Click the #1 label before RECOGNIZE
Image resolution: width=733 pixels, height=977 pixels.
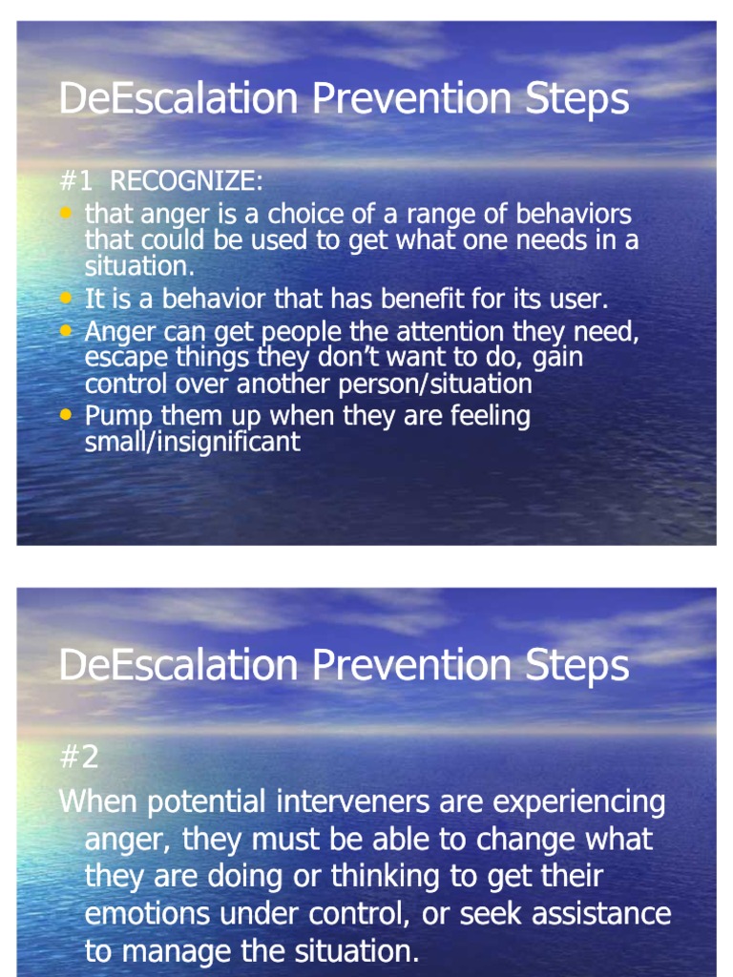[76, 181]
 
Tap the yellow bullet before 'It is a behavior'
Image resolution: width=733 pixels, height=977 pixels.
[65, 298]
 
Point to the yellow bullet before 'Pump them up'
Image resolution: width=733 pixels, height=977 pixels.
[65, 415]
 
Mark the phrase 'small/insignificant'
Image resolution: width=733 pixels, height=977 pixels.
[193, 442]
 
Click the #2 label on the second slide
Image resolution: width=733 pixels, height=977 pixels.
[78, 758]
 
